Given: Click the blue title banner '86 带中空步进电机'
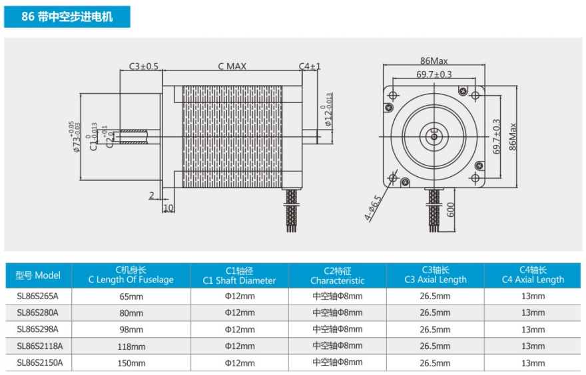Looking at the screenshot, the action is coord(67,17).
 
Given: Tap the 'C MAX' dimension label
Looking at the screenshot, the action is coord(232,66).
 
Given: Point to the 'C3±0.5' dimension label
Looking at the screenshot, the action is coord(144,66).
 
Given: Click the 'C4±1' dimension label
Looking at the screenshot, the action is coord(310,66).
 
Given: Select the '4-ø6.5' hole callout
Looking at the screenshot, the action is coord(373,208).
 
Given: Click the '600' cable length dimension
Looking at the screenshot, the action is coord(450,209).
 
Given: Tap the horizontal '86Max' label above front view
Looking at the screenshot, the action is coord(434,61).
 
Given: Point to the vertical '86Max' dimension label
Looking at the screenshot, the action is coord(512,137).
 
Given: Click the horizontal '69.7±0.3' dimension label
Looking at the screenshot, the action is coord(434,74).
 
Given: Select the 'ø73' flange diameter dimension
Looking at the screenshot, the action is coord(76,137).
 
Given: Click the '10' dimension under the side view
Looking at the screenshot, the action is coord(168,208).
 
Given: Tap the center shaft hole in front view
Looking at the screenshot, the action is coord(434,137).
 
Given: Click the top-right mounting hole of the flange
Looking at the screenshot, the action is coord(475,96).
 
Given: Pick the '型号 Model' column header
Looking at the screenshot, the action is coord(38,275).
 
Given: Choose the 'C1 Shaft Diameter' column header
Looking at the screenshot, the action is coord(239,281).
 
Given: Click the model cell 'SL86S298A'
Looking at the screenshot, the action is coord(38,329).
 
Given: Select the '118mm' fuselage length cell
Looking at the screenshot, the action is coord(131,346).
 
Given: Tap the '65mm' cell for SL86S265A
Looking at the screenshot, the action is coord(131,297).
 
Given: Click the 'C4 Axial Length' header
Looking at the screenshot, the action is coord(533,279).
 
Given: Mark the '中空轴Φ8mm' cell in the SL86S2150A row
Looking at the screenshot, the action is coord(338,362).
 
